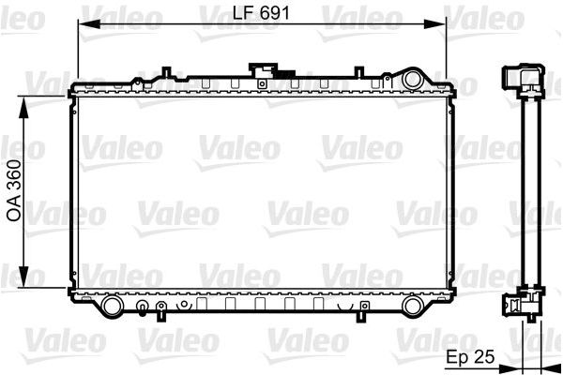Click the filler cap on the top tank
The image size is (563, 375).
tap(262, 71)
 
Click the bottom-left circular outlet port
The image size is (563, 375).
tap(112, 305)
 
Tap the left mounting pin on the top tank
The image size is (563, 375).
tap(165, 72)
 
